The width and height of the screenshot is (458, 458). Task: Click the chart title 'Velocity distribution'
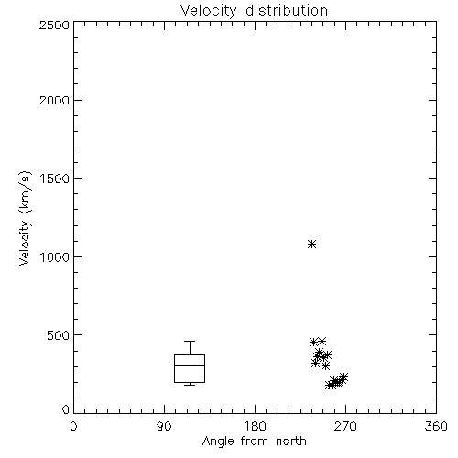tap(254, 10)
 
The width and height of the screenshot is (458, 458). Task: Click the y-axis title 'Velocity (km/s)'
tap(25, 218)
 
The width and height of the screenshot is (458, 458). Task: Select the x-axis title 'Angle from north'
tap(254, 441)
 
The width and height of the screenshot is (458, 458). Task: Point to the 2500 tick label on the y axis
tap(54, 25)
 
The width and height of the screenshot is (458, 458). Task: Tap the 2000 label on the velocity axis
tap(54, 100)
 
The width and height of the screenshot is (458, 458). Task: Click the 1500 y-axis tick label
tap(55, 179)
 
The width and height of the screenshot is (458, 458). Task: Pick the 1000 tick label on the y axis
tap(55, 257)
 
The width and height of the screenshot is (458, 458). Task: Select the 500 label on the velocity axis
tap(59, 335)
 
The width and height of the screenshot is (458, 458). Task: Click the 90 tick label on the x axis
tap(164, 426)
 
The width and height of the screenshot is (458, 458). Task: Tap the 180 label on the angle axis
tap(255, 426)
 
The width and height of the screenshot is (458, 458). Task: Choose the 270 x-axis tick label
tap(345, 426)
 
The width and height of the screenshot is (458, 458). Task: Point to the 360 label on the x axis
tap(436, 426)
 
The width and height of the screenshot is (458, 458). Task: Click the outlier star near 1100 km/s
tap(311, 244)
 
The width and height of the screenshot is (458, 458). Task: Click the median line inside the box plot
tap(190, 365)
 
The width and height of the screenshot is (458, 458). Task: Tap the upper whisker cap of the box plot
tap(190, 341)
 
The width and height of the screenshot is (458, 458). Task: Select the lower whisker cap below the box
tap(190, 385)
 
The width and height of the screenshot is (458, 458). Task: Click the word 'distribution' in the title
tap(287, 10)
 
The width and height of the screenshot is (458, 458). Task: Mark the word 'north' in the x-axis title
tap(291, 442)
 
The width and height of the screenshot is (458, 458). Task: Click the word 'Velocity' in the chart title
tap(209, 11)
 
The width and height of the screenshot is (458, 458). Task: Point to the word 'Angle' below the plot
tap(218, 442)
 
